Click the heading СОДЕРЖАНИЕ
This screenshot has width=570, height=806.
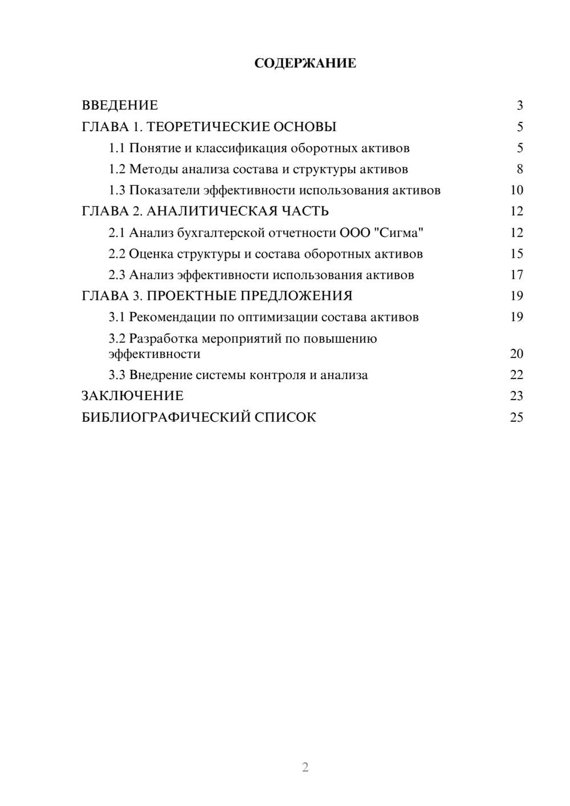click(x=305, y=63)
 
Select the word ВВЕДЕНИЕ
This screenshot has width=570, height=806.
click(x=120, y=105)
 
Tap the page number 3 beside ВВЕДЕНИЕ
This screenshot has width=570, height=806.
click(x=519, y=105)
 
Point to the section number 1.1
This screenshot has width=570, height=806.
click(x=117, y=148)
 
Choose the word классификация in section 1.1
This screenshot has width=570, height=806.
click(x=241, y=148)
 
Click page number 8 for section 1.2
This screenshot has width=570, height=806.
click(x=519, y=169)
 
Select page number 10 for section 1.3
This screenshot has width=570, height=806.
click(x=516, y=190)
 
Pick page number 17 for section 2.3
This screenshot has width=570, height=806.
click(x=516, y=275)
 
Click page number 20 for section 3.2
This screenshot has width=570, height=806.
click(x=516, y=354)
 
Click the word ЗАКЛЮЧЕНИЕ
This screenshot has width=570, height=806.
click(x=132, y=396)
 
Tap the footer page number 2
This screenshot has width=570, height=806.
click(x=305, y=767)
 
